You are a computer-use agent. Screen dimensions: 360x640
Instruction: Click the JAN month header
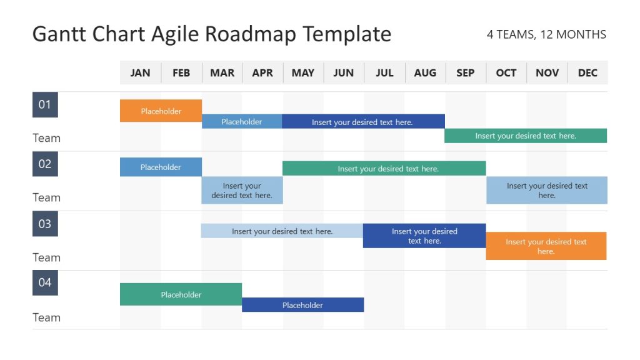140,73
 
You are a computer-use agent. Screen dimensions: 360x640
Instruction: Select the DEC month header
587,73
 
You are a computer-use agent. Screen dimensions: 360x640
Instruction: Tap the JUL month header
384,73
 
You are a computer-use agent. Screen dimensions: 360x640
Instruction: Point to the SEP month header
465,73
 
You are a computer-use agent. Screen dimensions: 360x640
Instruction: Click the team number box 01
45,105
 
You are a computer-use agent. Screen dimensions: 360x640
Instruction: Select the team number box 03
45,224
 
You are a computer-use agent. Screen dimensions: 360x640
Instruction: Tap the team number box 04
45,282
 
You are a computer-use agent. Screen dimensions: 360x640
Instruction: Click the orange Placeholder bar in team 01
161,111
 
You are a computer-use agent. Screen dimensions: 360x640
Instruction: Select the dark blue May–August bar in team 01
362,122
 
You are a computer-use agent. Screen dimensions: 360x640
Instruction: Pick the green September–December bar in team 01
525,136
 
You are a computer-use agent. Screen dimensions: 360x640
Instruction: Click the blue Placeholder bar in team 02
161,167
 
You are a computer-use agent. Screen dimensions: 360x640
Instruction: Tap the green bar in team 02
384,168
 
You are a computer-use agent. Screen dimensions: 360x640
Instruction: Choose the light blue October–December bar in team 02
547,190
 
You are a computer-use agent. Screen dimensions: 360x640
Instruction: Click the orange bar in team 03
546,246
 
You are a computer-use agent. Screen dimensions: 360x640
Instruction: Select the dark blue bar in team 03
424,236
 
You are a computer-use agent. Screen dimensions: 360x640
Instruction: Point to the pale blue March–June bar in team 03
282,231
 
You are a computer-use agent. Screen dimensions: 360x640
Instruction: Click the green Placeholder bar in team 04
181,294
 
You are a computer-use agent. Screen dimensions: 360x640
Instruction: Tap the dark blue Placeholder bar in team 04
302,305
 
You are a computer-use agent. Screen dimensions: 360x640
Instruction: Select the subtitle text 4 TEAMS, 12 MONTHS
546,35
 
